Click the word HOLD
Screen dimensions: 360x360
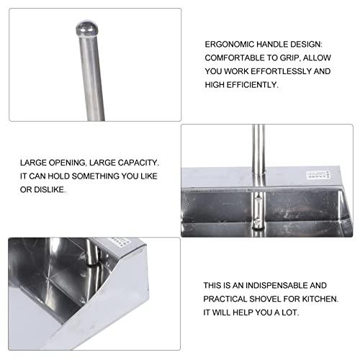[x=60, y=177]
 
